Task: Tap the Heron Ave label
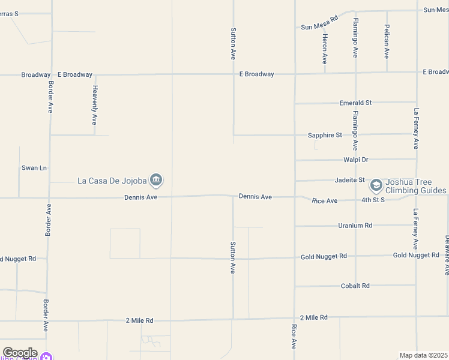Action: tap(325, 49)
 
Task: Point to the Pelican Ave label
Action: tap(387, 41)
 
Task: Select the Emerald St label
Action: tap(355, 103)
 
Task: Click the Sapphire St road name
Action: tap(325, 135)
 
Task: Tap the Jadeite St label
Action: tap(349, 180)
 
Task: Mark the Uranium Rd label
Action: tap(355, 226)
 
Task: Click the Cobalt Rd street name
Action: tap(355, 286)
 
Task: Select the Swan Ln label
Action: tap(34, 168)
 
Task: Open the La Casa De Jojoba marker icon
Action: tap(156, 179)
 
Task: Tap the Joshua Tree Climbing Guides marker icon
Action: tap(376, 185)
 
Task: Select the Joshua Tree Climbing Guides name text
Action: tap(415, 186)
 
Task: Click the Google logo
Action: tap(20, 353)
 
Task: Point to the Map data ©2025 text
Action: tap(423, 355)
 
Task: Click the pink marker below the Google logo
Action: tap(47, 357)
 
